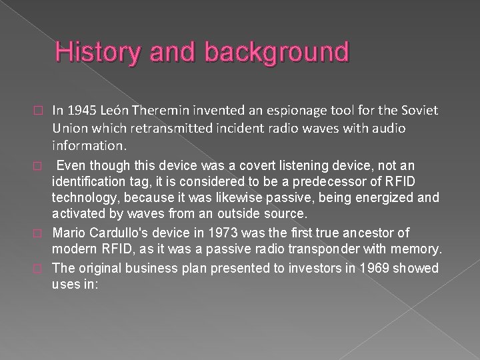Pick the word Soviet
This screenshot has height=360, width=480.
point(421,109)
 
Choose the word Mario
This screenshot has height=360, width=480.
point(67,233)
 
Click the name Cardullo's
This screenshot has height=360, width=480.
point(121,233)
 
